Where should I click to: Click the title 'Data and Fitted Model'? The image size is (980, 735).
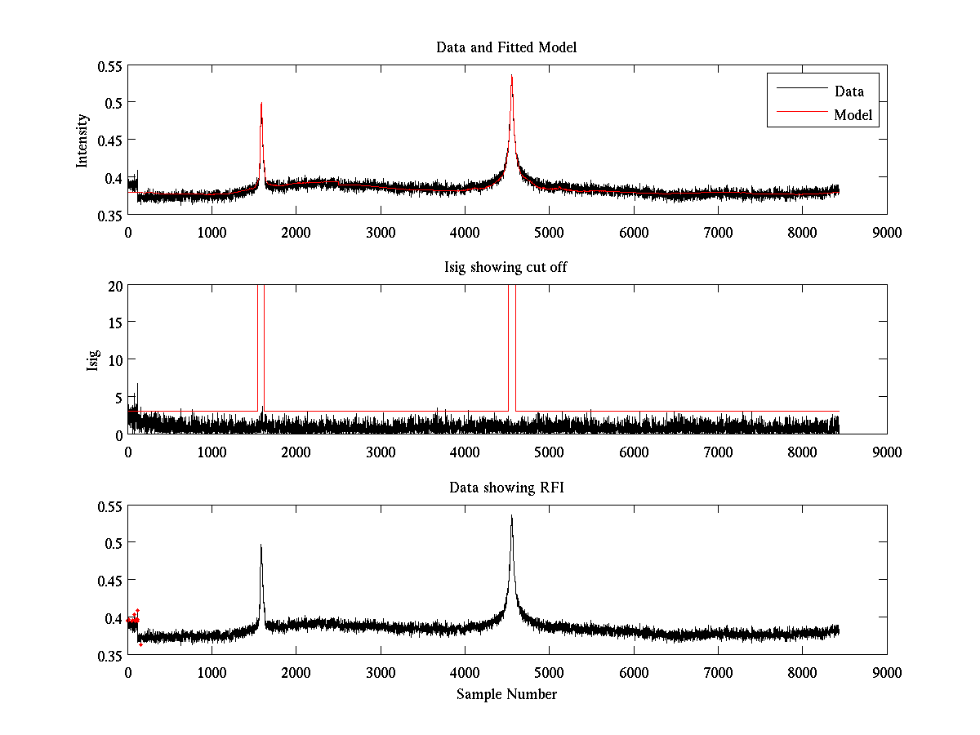pyautogui.click(x=506, y=47)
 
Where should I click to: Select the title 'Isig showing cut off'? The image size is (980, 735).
pyautogui.click(x=506, y=268)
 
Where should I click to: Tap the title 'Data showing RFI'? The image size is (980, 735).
pyautogui.click(x=506, y=488)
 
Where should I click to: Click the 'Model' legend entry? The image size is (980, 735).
pyautogui.click(x=853, y=115)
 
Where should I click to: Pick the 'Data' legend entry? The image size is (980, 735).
pyautogui.click(x=849, y=91)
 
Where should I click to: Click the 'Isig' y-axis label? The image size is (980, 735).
pyautogui.click(x=92, y=360)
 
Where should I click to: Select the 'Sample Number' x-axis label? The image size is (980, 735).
pyautogui.click(x=506, y=694)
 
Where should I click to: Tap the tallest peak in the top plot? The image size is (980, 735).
pyautogui.click(x=511, y=77)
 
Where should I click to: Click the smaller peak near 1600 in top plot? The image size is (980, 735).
pyautogui.click(x=261, y=104)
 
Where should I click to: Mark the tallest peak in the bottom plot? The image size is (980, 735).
pyautogui.click(x=511, y=517)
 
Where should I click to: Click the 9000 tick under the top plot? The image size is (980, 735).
pyautogui.click(x=887, y=232)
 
